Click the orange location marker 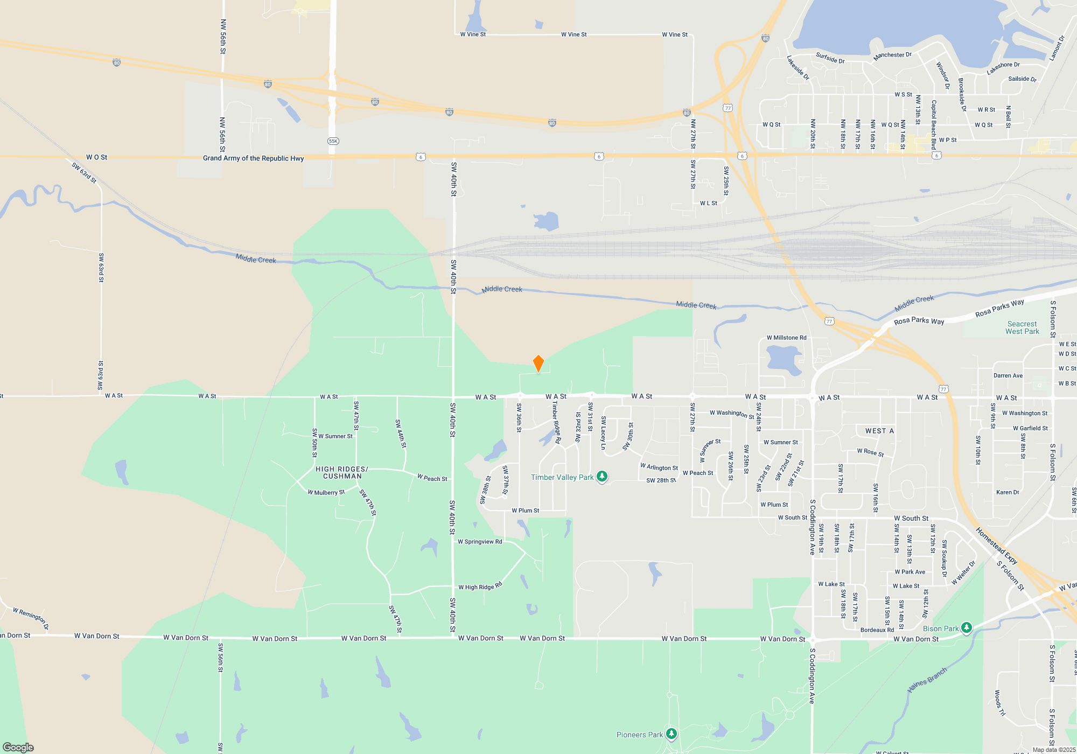tap(538, 363)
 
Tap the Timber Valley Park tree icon tap(602, 477)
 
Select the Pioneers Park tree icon tap(671, 734)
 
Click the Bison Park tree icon tap(967, 628)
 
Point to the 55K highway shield tap(333, 141)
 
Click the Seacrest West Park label tap(1022, 327)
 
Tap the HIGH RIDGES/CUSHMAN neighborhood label tap(342, 472)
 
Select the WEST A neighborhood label tap(879, 431)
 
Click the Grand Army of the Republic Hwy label tap(253, 158)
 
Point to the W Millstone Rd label tap(786, 338)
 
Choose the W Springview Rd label tap(479, 542)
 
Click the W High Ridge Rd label tap(480, 587)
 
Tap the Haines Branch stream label tap(927, 680)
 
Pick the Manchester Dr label tap(892, 55)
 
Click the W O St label tap(96, 157)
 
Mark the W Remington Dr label tap(31, 619)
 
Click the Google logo tap(18, 748)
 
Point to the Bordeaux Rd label tap(877, 630)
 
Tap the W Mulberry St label tap(326, 492)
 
